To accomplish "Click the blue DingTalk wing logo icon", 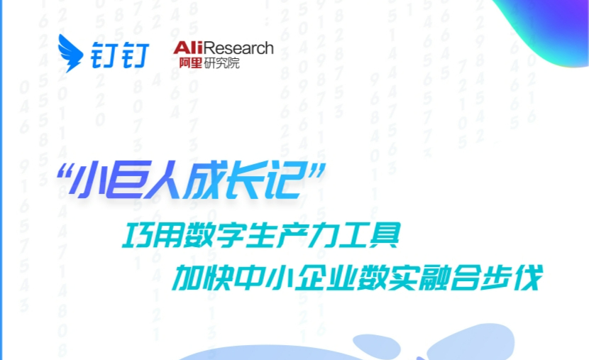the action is (70, 53).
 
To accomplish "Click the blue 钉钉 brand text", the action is (120, 55).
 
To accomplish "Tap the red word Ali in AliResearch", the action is (188, 48).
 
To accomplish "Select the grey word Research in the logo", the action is (238, 48).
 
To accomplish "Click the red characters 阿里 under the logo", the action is (190, 62).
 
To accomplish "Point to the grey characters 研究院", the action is (221, 62).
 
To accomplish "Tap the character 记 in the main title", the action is (283, 180).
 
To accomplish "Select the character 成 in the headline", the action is (204, 180).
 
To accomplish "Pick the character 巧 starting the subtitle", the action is (137, 235).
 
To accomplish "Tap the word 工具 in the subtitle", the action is (369, 235).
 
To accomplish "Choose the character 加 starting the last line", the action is (187, 278).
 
